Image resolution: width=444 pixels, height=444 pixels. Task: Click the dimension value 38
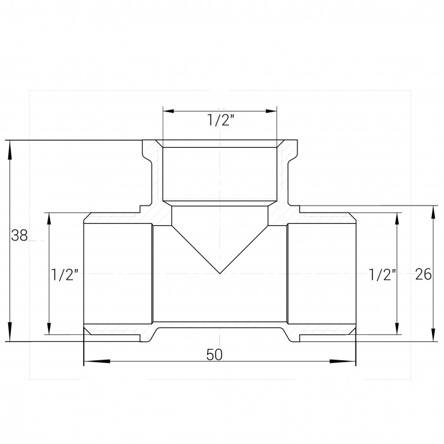(x=19, y=235)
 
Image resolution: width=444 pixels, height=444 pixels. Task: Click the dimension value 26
(x=424, y=274)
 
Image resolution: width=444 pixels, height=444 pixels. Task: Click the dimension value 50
(x=214, y=355)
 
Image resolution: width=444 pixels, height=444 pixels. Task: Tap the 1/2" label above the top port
(x=221, y=120)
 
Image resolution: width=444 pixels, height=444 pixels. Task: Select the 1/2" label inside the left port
(x=65, y=275)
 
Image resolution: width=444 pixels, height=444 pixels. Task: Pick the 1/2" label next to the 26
(x=382, y=275)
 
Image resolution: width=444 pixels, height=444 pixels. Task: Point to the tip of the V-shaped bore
(x=219, y=273)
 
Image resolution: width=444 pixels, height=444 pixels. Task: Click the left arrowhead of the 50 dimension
(x=97, y=361)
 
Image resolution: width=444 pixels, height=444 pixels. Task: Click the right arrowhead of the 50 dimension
(x=343, y=361)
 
